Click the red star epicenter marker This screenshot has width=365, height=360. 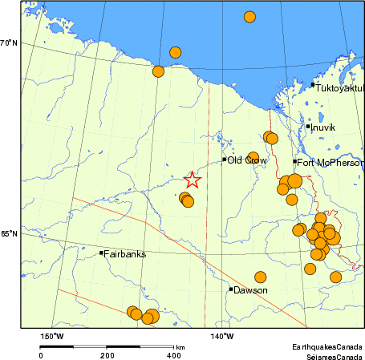coord(191,181)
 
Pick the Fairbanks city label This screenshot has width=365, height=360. coord(125,254)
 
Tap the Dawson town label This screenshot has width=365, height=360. coord(249,290)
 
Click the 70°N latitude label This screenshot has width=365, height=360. coord(9,42)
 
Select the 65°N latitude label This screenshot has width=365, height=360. coord(9,234)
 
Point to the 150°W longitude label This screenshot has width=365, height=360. coord(52,336)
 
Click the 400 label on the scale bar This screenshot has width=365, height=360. coord(172,355)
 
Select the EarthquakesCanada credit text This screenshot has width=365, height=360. coord(326,346)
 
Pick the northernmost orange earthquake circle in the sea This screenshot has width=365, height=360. coord(249,17)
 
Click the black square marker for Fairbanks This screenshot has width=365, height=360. coord(101,253)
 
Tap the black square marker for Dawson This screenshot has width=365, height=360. coord(231,289)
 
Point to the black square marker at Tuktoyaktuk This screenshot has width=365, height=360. coord(312,84)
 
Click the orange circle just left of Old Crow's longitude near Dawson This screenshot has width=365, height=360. coord(261,277)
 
